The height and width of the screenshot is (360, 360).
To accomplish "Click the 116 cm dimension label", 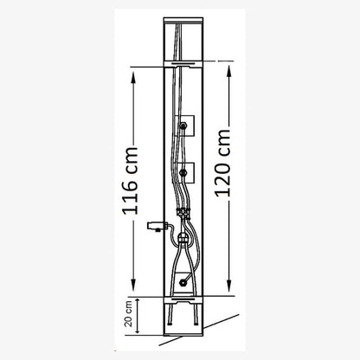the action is [x=131, y=181].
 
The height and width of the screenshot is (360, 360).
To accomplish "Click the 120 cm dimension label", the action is [x=223, y=164].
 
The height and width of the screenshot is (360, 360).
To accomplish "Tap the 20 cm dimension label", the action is [x=128, y=314].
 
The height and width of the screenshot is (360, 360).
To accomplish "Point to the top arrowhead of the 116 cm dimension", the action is [x=133, y=77].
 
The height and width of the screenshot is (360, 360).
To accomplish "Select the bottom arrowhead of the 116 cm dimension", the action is [x=133, y=285].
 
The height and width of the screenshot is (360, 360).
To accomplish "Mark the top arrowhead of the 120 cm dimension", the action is [x=229, y=71].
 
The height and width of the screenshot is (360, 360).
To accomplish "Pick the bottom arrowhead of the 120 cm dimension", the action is [x=229, y=286].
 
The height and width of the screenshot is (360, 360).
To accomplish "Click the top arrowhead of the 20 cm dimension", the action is [x=138, y=302].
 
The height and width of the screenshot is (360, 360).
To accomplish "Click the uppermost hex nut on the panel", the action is [x=183, y=125].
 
